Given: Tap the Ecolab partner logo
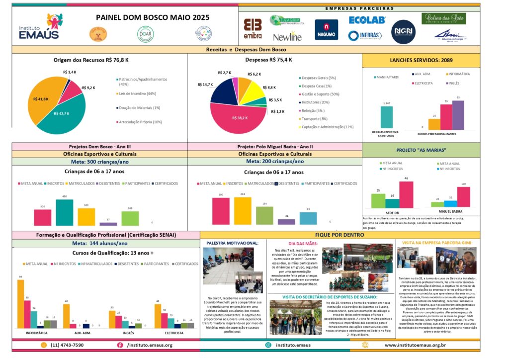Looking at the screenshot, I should pyautogui.click(x=367, y=20).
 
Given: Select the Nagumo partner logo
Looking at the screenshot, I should pyautogui.click(x=326, y=29).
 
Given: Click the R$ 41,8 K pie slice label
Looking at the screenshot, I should pyautogui.click(x=41, y=99).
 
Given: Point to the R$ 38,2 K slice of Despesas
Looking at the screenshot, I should pyautogui.click(x=240, y=118).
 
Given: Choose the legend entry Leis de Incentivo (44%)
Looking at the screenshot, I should pyautogui.click(x=137, y=93).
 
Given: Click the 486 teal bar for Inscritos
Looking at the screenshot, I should pyautogui.click(x=65, y=212).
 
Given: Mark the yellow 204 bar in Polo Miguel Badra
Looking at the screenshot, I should pyautogui.click(x=243, y=211).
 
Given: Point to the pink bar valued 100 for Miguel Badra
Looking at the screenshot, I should pyautogui.click(x=464, y=196).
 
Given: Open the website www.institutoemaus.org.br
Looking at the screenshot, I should pyautogui.click(x=415, y=345).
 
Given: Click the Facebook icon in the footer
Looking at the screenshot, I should pyautogui.click(x=120, y=345).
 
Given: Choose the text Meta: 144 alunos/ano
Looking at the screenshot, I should pyautogui.click(x=100, y=243).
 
